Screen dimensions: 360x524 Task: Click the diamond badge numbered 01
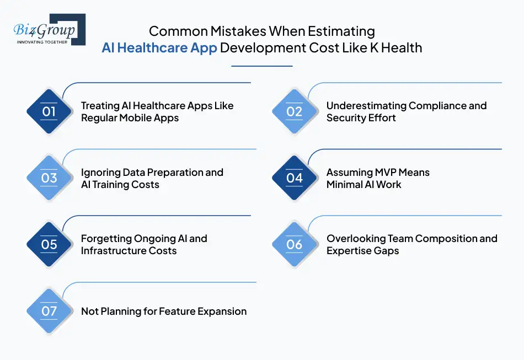(x=49, y=112)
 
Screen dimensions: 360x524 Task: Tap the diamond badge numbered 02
(x=295, y=112)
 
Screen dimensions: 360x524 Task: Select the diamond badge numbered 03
(x=49, y=178)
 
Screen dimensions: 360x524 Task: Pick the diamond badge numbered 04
(x=295, y=178)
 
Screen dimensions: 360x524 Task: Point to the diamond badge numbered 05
(x=49, y=244)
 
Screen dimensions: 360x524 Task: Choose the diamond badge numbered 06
(x=295, y=244)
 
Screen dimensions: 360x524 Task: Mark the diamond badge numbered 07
(x=49, y=311)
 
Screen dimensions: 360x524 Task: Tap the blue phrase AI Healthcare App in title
(x=159, y=48)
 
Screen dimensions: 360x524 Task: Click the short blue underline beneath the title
(x=261, y=66)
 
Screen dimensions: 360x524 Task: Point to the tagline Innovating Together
(x=42, y=42)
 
